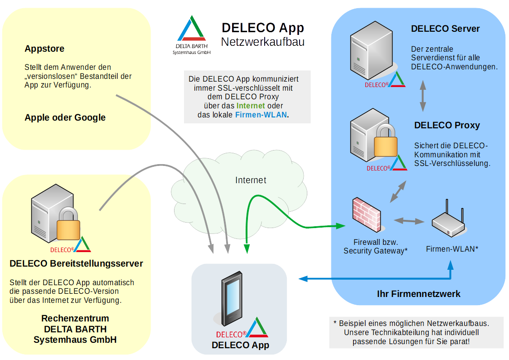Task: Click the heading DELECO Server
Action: [x=445, y=29]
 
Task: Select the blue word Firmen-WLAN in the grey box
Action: [x=261, y=115]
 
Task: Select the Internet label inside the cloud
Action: [x=251, y=180]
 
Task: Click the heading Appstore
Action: [x=44, y=49]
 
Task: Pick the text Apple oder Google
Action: [x=65, y=117]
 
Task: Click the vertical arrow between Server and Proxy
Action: [x=422, y=96]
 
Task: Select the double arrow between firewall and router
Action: [x=409, y=221]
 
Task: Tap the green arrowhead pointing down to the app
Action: [x=247, y=248]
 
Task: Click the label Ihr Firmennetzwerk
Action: [x=418, y=294]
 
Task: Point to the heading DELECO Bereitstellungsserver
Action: [x=76, y=263]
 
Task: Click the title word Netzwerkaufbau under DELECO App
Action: [x=262, y=42]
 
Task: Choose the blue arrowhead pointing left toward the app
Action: [x=303, y=278]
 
